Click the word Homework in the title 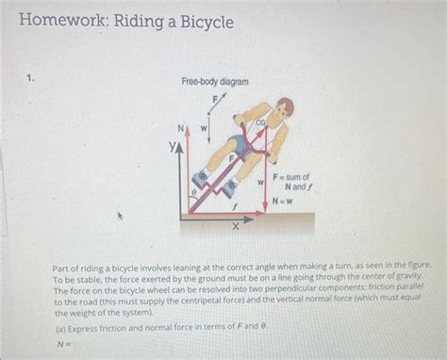click(x=56, y=20)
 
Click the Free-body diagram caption click(x=215, y=83)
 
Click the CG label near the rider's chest click(x=261, y=122)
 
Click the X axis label click(x=237, y=227)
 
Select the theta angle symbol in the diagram click(x=195, y=189)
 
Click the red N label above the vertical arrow click(x=185, y=128)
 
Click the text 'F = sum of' click(x=291, y=176)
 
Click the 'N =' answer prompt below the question click(x=63, y=345)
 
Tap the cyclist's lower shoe click(x=229, y=188)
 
